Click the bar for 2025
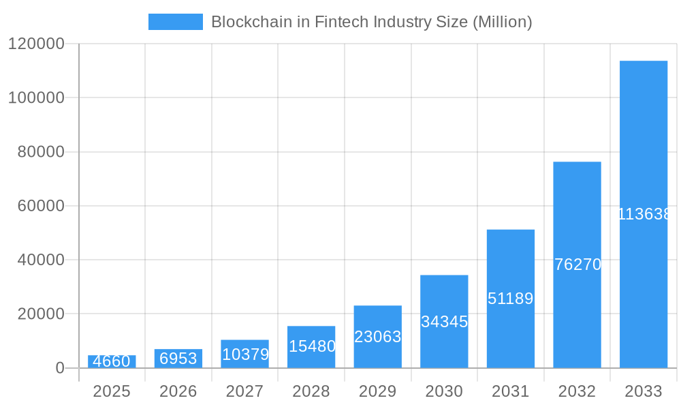112,361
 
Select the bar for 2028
311,347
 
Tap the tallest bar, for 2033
644,214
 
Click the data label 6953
178,359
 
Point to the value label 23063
378,337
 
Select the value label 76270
577,264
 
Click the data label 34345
444,322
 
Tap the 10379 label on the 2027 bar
245,354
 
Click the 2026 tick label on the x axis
178,391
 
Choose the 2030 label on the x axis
444,391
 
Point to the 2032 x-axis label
577,391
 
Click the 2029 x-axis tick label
378,391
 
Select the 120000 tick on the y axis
36,44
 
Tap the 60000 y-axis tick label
40,206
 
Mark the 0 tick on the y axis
59,368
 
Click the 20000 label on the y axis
40,314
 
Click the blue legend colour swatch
176,22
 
